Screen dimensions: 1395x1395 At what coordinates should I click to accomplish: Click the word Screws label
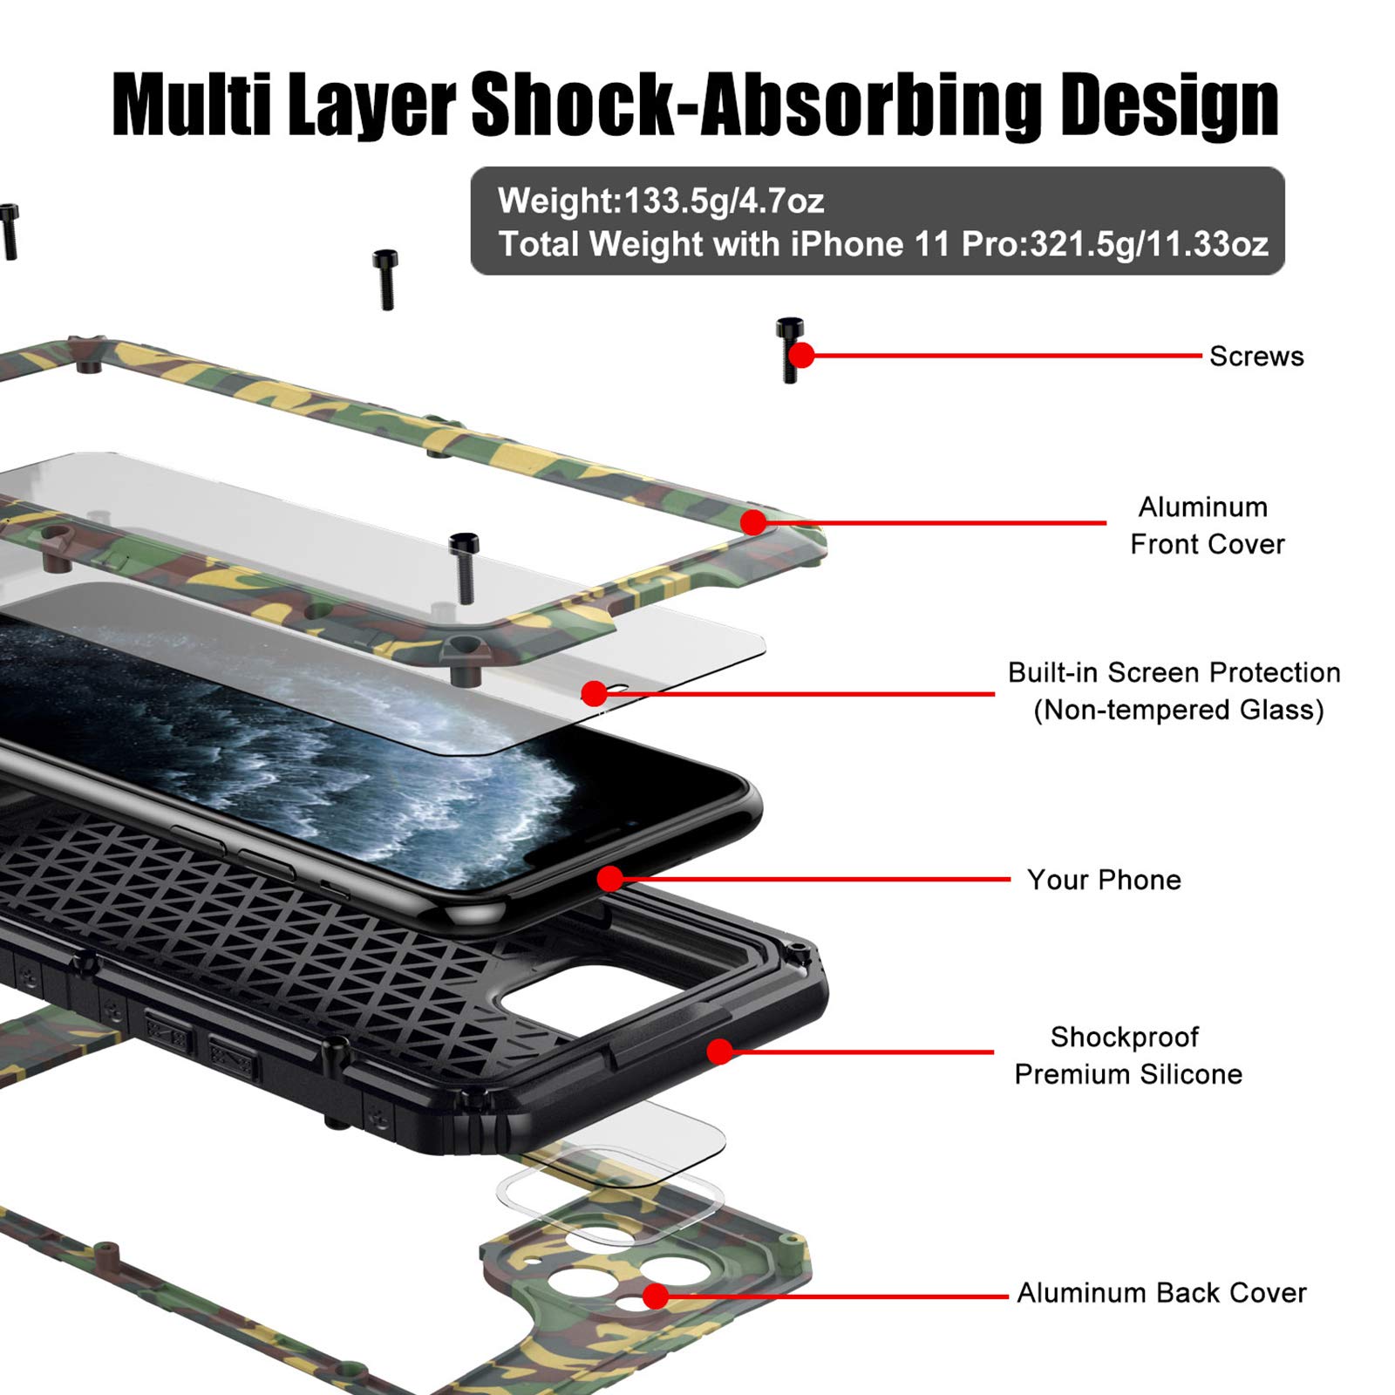pos(1256,356)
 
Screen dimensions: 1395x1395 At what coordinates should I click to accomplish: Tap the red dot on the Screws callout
pos(801,355)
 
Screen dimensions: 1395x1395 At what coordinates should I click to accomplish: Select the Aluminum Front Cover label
pos(1207,525)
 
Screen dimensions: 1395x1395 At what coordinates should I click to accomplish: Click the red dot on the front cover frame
pos(753,522)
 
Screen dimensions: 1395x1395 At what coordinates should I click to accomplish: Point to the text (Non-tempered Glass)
pos(1179,710)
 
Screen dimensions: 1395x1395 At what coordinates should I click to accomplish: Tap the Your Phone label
pos(1104,880)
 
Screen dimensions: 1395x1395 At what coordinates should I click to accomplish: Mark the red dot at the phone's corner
pos(610,879)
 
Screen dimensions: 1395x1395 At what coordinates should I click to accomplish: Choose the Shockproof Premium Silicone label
pos(1128,1055)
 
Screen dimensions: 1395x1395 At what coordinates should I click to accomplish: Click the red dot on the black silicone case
pos(720,1051)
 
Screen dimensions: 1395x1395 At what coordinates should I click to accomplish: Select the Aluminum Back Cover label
pos(1161,1292)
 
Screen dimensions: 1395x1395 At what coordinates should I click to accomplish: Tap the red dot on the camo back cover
pos(656,1296)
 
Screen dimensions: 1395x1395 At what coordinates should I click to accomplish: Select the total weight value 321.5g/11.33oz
pos(1149,244)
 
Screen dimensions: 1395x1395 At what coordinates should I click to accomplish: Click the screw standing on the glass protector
pos(464,568)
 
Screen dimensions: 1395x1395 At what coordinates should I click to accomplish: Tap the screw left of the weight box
pos(385,279)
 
